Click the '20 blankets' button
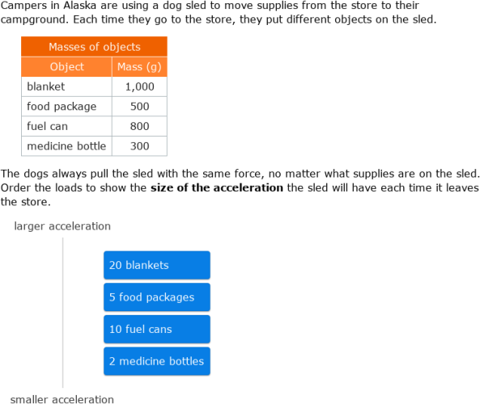[x=156, y=265]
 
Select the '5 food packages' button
[x=156, y=297]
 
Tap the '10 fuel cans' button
[x=156, y=330]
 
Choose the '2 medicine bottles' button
[x=156, y=361]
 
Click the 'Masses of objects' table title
[x=94, y=47]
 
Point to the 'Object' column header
[x=66, y=67]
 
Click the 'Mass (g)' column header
[x=139, y=67]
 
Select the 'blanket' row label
[x=45, y=86]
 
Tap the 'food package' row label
[x=62, y=107]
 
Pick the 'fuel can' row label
[x=47, y=126]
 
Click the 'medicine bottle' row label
[x=66, y=146]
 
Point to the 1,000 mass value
[x=139, y=86]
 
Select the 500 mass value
[x=139, y=107]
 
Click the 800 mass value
[x=139, y=126]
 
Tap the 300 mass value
[x=139, y=146]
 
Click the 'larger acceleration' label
[x=62, y=226]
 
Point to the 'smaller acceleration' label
[x=62, y=399]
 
